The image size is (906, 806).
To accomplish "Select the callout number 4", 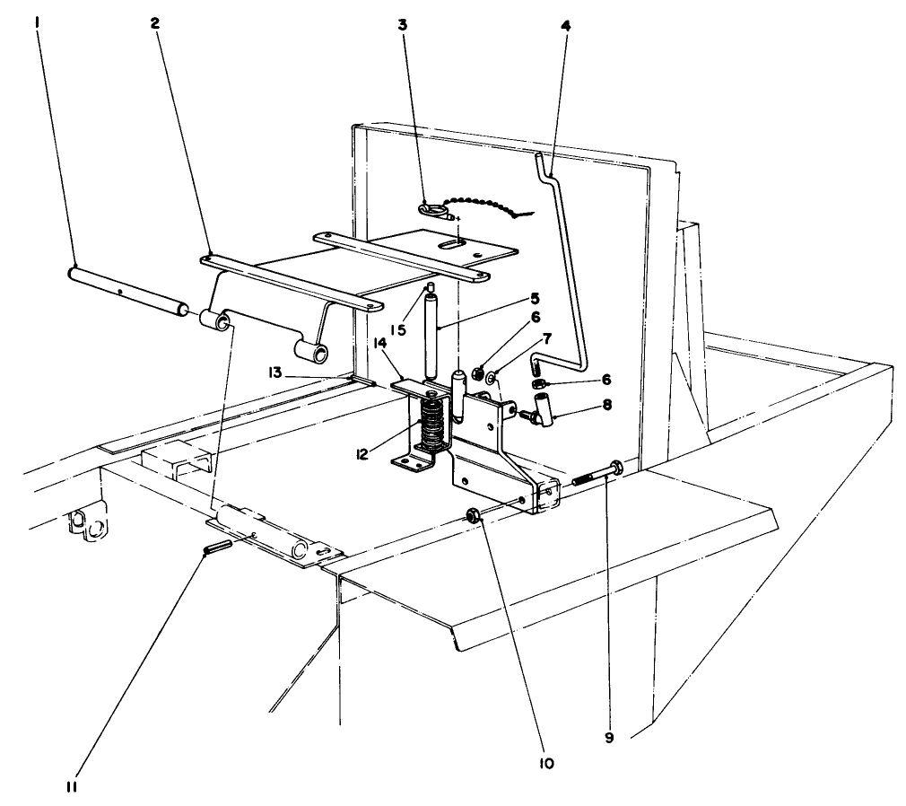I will [565, 25].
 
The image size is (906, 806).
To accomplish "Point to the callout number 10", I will [546, 764].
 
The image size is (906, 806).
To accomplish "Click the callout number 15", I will [401, 329].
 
